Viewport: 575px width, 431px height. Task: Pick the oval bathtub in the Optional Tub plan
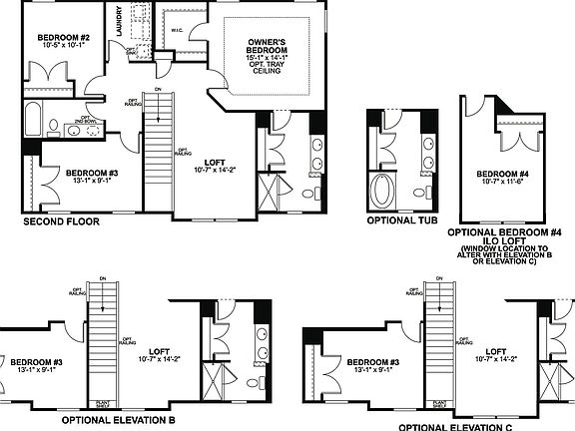(383, 189)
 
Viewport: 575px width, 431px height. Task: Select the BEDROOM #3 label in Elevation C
(374, 361)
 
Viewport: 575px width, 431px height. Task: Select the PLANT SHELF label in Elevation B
(102, 405)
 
